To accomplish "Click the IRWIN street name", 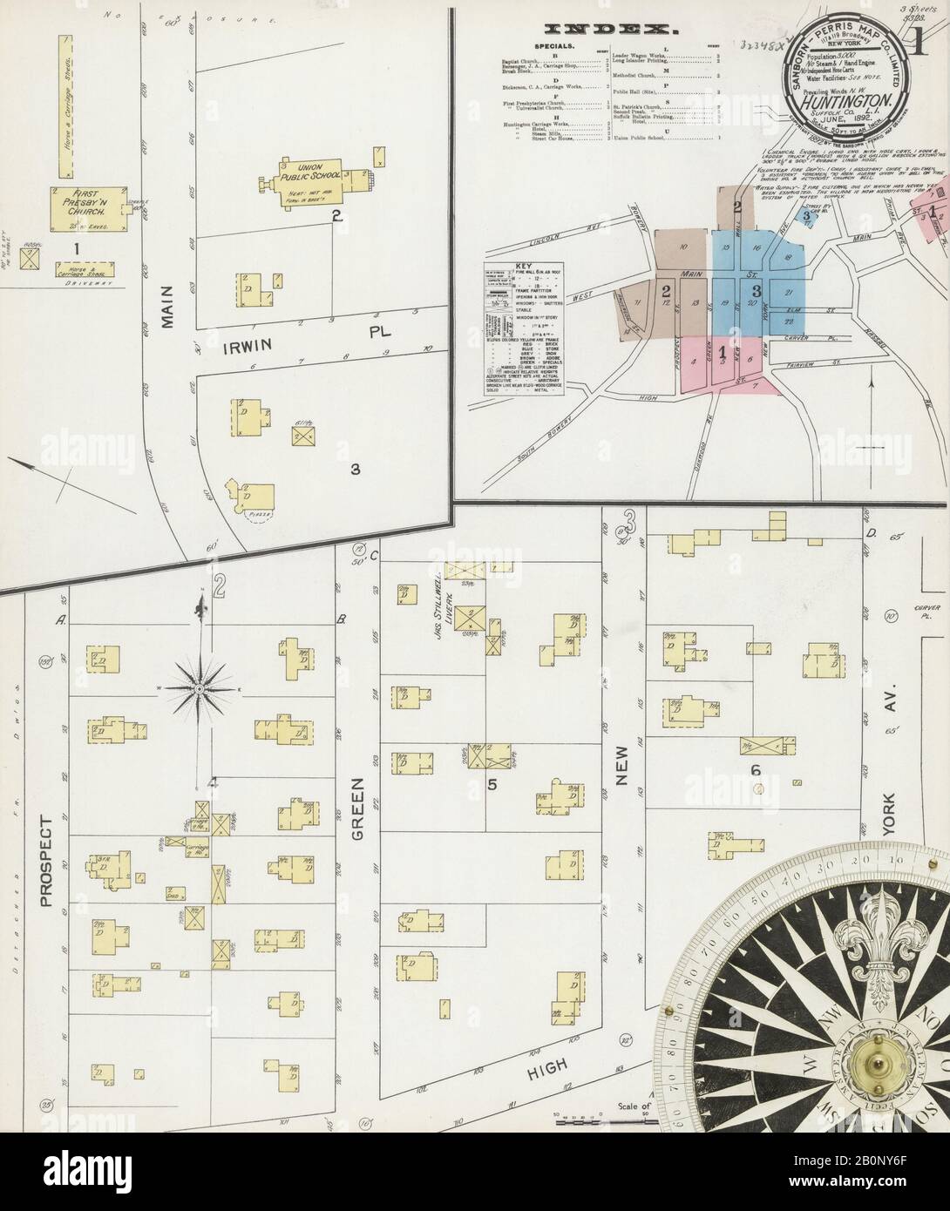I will (266, 345).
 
